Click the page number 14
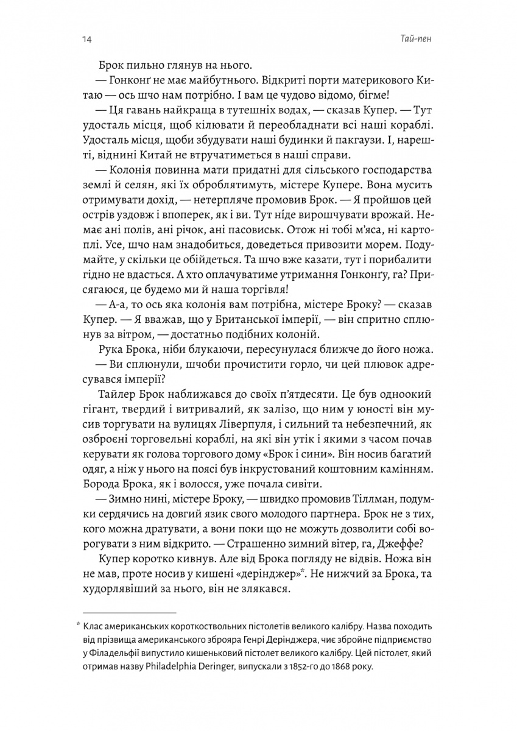(x=85, y=40)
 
